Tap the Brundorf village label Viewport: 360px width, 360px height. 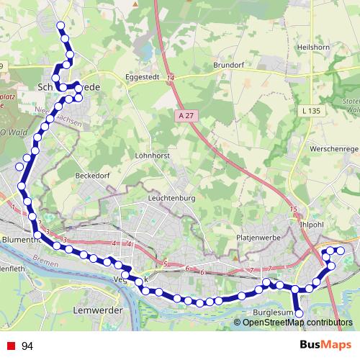pyautogui.click(x=229, y=64)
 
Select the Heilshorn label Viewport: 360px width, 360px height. pyautogui.click(x=313, y=47)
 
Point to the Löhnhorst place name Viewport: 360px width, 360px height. pyautogui.click(x=153, y=155)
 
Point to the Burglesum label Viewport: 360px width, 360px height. pyautogui.click(x=274, y=313)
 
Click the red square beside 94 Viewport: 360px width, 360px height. pyautogui.click(x=11, y=346)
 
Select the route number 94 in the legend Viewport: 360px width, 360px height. pyautogui.click(x=28, y=346)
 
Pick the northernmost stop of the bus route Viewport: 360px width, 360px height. pyautogui.click(x=62, y=27)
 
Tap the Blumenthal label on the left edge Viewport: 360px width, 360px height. pyautogui.click(x=19, y=239)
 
